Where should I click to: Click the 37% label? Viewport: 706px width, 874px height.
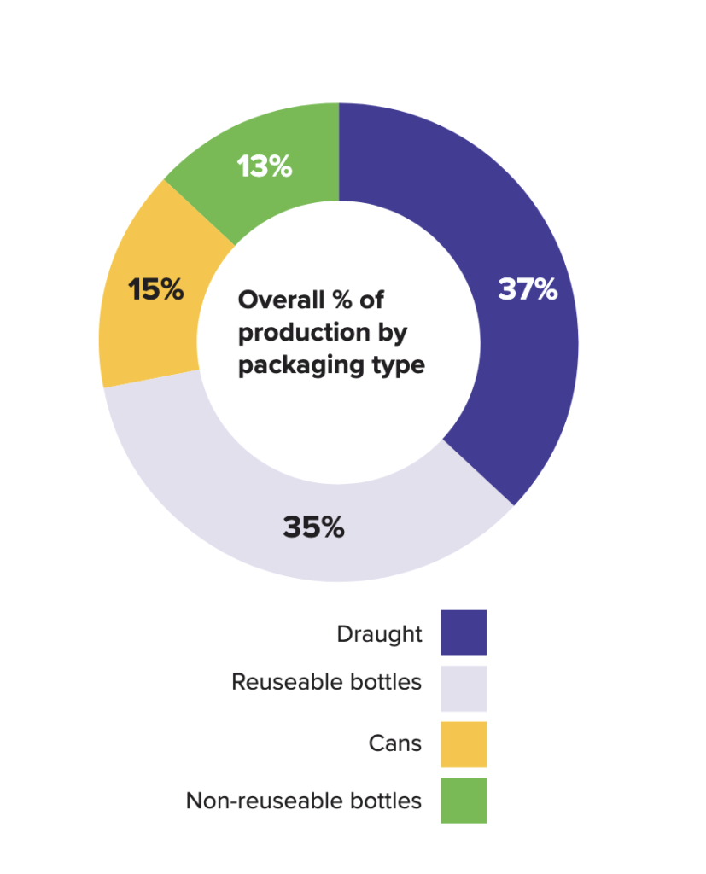tap(528, 290)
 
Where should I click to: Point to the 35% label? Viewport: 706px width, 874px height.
tap(313, 527)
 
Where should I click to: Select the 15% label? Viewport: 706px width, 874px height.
tap(156, 290)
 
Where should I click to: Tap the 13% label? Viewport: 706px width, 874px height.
tap(265, 167)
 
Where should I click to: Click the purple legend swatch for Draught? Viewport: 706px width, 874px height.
tap(464, 632)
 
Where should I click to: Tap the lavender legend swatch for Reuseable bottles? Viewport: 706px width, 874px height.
tap(464, 688)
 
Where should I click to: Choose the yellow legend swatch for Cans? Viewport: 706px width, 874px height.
tap(464, 744)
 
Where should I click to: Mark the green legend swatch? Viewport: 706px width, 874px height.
tap(464, 800)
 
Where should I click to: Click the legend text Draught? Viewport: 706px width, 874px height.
tap(379, 634)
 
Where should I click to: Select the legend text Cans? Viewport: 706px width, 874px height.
tap(395, 743)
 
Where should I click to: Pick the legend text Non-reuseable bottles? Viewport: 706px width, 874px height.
tap(304, 801)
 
